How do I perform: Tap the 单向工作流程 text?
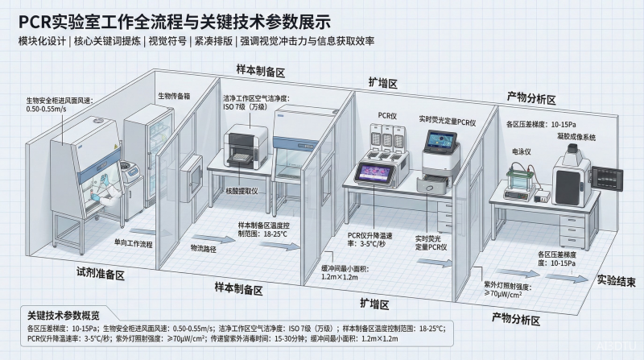[110, 242]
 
